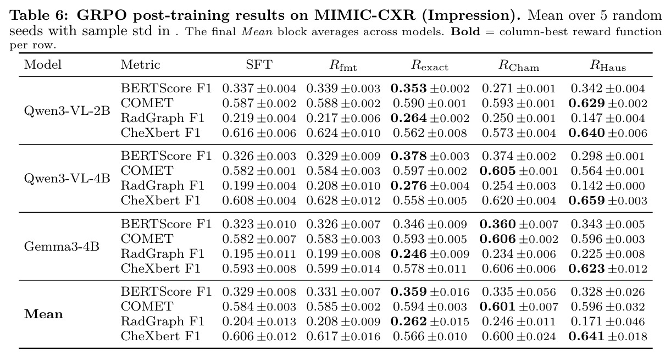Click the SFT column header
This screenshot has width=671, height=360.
click(259, 65)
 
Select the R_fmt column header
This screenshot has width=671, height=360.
click(343, 65)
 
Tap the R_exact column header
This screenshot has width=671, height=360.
click(430, 65)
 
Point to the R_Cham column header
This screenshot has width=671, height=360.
click(519, 65)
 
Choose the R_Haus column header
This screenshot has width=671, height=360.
click(608, 65)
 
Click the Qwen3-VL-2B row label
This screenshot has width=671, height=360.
click(67, 111)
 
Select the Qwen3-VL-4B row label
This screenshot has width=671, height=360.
click(67, 179)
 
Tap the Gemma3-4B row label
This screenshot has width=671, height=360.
click(62, 246)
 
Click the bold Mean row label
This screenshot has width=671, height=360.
click(43, 314)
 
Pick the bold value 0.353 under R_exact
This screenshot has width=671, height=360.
click(409, 88)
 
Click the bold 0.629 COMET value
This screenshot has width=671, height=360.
click(586, 103)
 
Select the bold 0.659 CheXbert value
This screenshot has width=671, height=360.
click(586, 201)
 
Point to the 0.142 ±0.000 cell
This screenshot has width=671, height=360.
click(608, 186)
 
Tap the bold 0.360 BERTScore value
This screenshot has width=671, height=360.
click(497, 224)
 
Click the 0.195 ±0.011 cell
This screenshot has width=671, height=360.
click(259, 254)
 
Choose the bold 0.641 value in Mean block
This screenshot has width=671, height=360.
click(586, 336)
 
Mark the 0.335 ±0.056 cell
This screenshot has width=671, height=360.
click(519, 292)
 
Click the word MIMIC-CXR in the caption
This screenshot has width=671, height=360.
click(365, 15)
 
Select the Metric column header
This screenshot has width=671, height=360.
click(141, 65)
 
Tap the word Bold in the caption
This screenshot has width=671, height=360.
click(465, 31)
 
